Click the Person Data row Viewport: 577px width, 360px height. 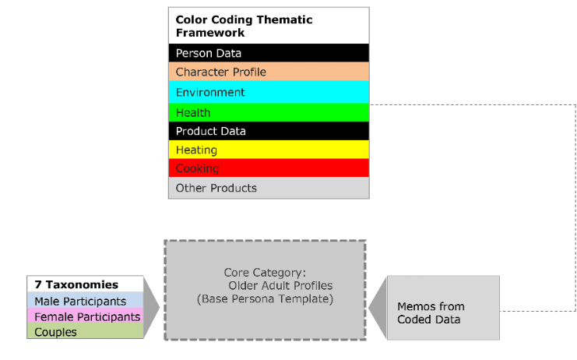269,53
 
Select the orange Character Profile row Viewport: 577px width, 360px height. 269,72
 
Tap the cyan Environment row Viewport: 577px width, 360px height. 269,92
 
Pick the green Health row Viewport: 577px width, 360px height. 269,112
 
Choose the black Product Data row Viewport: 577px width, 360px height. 269,131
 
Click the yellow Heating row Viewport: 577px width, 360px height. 269,150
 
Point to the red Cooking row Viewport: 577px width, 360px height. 269,168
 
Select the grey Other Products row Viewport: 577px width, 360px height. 269,188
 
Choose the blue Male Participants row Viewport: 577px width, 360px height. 85,301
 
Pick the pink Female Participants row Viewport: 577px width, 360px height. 85,316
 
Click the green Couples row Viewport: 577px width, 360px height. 85,332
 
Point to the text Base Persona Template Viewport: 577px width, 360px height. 265,298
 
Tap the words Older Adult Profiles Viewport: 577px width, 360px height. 269,286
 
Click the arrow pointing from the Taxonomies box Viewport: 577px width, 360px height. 152,308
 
